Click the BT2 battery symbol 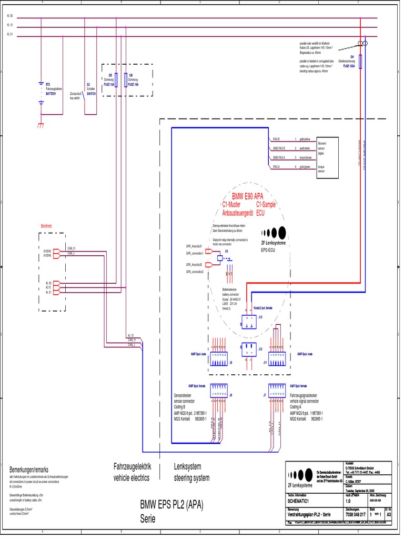click(x=41, y=92)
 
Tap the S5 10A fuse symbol click(x=115, y=80)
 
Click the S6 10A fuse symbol click(x=125, y=80)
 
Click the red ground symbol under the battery click(x=41, y=125)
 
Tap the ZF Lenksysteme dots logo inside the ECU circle click(x=274, y=232)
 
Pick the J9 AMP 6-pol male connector click(x=219, y=360)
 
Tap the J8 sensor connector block click(x=219, y=391)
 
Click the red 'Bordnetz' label click(x=46, y=226)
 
